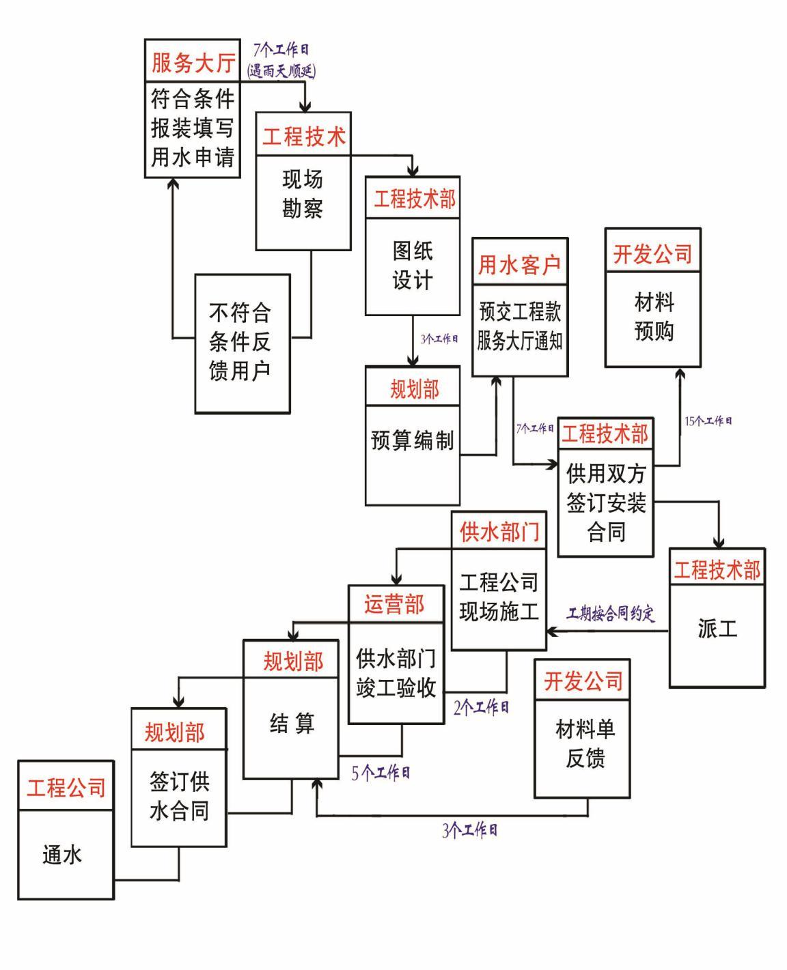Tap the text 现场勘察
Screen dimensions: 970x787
[303, 194]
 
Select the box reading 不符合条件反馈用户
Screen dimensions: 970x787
[242, 343]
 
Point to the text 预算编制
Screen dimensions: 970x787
[412, 440]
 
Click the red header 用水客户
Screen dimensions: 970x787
[519, 265]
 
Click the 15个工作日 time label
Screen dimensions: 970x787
[708, 421]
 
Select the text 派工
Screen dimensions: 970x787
[717, 628]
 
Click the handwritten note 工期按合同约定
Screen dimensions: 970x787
[611, 614]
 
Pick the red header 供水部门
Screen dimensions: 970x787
[499, 531]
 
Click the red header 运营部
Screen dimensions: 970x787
[394, 605]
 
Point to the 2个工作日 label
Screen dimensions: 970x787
[481, 707]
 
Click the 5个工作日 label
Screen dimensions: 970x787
[381, 773]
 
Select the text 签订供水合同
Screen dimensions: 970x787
[179, 796]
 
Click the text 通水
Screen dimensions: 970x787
[62, 855]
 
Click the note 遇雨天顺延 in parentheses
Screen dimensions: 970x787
[281, 70]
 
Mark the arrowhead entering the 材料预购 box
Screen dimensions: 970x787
[680, 373]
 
